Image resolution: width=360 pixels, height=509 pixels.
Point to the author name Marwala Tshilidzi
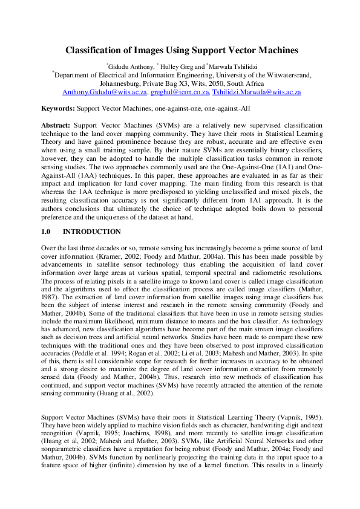(231, 65)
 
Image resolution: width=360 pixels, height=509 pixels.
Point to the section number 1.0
(47, 232)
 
